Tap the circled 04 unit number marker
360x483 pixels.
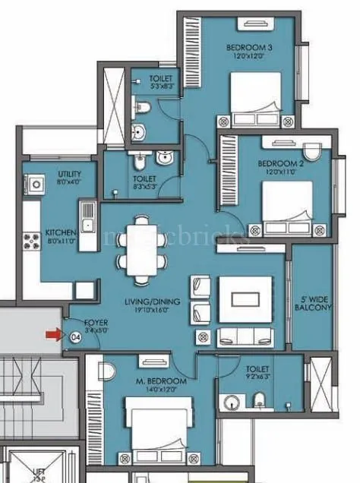click(75, 337)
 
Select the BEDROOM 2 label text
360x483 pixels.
click(276, 163)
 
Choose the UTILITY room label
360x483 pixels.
click(69, 174)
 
